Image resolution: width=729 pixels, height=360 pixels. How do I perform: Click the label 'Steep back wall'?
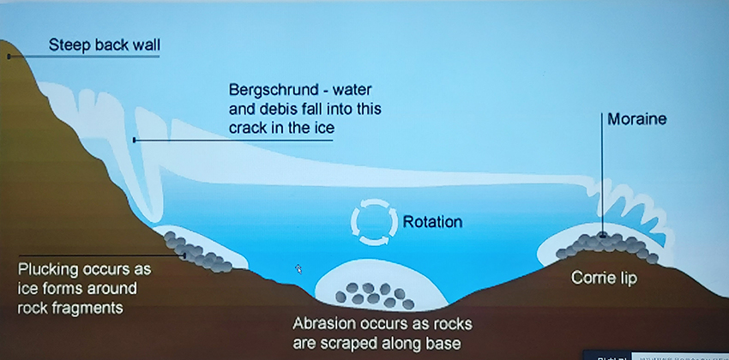click(x=104, y=45)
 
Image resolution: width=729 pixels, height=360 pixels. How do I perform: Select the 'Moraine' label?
click(x=637, y=119)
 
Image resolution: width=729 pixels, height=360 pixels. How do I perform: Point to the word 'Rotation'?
click(x=432, y=222)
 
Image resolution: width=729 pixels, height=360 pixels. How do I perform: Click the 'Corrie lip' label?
click(x=604, y=278)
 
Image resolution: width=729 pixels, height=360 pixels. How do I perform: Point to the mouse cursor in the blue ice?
click(x=298, y=269)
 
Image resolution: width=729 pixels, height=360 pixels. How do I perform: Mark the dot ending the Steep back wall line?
click(x=9, y=57)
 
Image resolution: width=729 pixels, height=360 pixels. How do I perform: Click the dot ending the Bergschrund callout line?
click(x=135, y=140)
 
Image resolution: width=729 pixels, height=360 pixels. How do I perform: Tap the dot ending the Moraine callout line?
click(x=602, y=236)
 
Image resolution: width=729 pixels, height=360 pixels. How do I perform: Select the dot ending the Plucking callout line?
click(x=184, y=255)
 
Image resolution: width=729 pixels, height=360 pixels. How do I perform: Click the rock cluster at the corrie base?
click(x=375, y=296)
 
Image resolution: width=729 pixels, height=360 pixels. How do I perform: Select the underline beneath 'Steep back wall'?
click(x=84, y=57)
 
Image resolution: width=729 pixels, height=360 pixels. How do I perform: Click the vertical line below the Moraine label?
click(x=602, y=174)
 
